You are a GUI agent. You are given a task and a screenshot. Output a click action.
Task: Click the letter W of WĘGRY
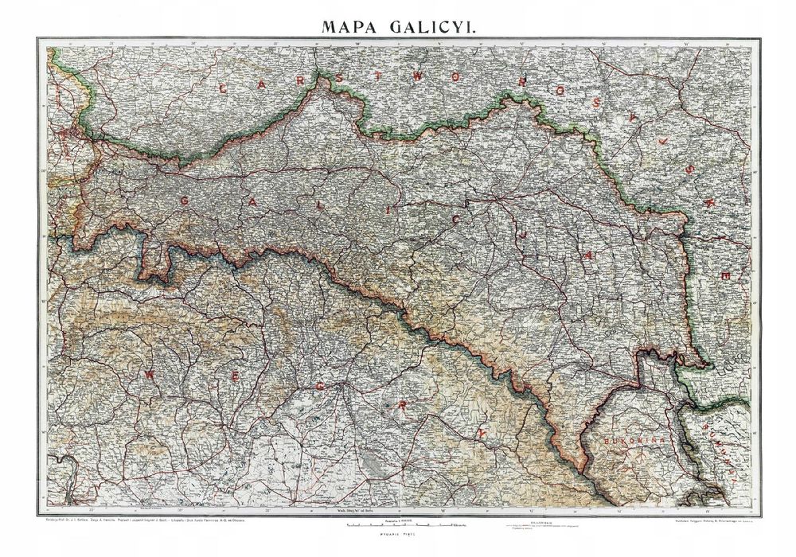click(149, 372)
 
